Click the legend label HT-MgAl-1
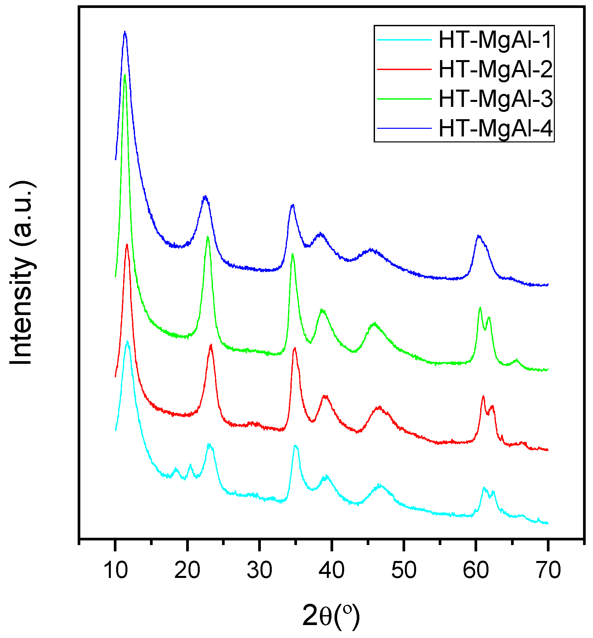pyautogui.click(x=495, y=40)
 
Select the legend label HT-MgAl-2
pyautogui.click(x=495, y=69)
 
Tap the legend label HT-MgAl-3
pyautogui.click(x=495, y=99)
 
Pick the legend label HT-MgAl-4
pyautogui.click(x=495, y=128)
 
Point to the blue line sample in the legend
pyautogui.click(x=404, y=128)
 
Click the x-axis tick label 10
pyautogui.click(x=115, y=570)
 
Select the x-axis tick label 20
pyautogui.click(x=187, y=570)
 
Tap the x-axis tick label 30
pyautogui.click(x=259, y=570)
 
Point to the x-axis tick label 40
pyautogui.click(x=332, y=570)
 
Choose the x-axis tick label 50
pyautogui.click(x=404, y=570)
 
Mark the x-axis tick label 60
pyautogui.click(x=476, y=570)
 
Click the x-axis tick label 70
pyautogui.click(x=548, y=570)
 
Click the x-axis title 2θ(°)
pyautogui.click(x=331, y=616)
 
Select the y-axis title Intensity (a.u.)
pyautogui.click(x=22, y=273)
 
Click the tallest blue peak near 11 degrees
pyautogui.click(x=125, y=32)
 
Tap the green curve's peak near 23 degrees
pyautogui.click(x=208, y=237)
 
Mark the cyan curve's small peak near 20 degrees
pyautogui.click(x=190, y=465)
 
